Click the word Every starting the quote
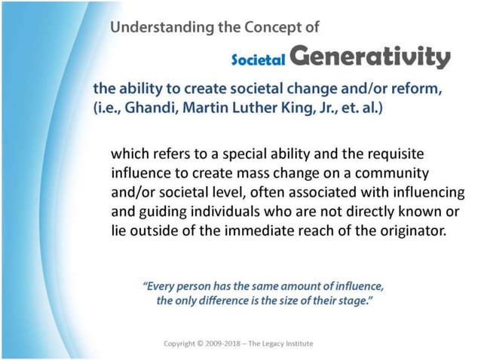[x=160, y=286]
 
